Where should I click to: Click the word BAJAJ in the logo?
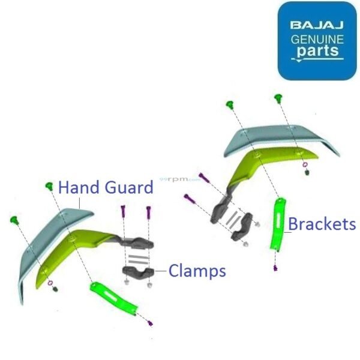pos(317,26)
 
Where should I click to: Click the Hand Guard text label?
pos(106,188)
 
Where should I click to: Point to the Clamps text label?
pos(197,271)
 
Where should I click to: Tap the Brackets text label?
pos(322,224)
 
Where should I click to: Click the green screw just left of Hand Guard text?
pos(49,187)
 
